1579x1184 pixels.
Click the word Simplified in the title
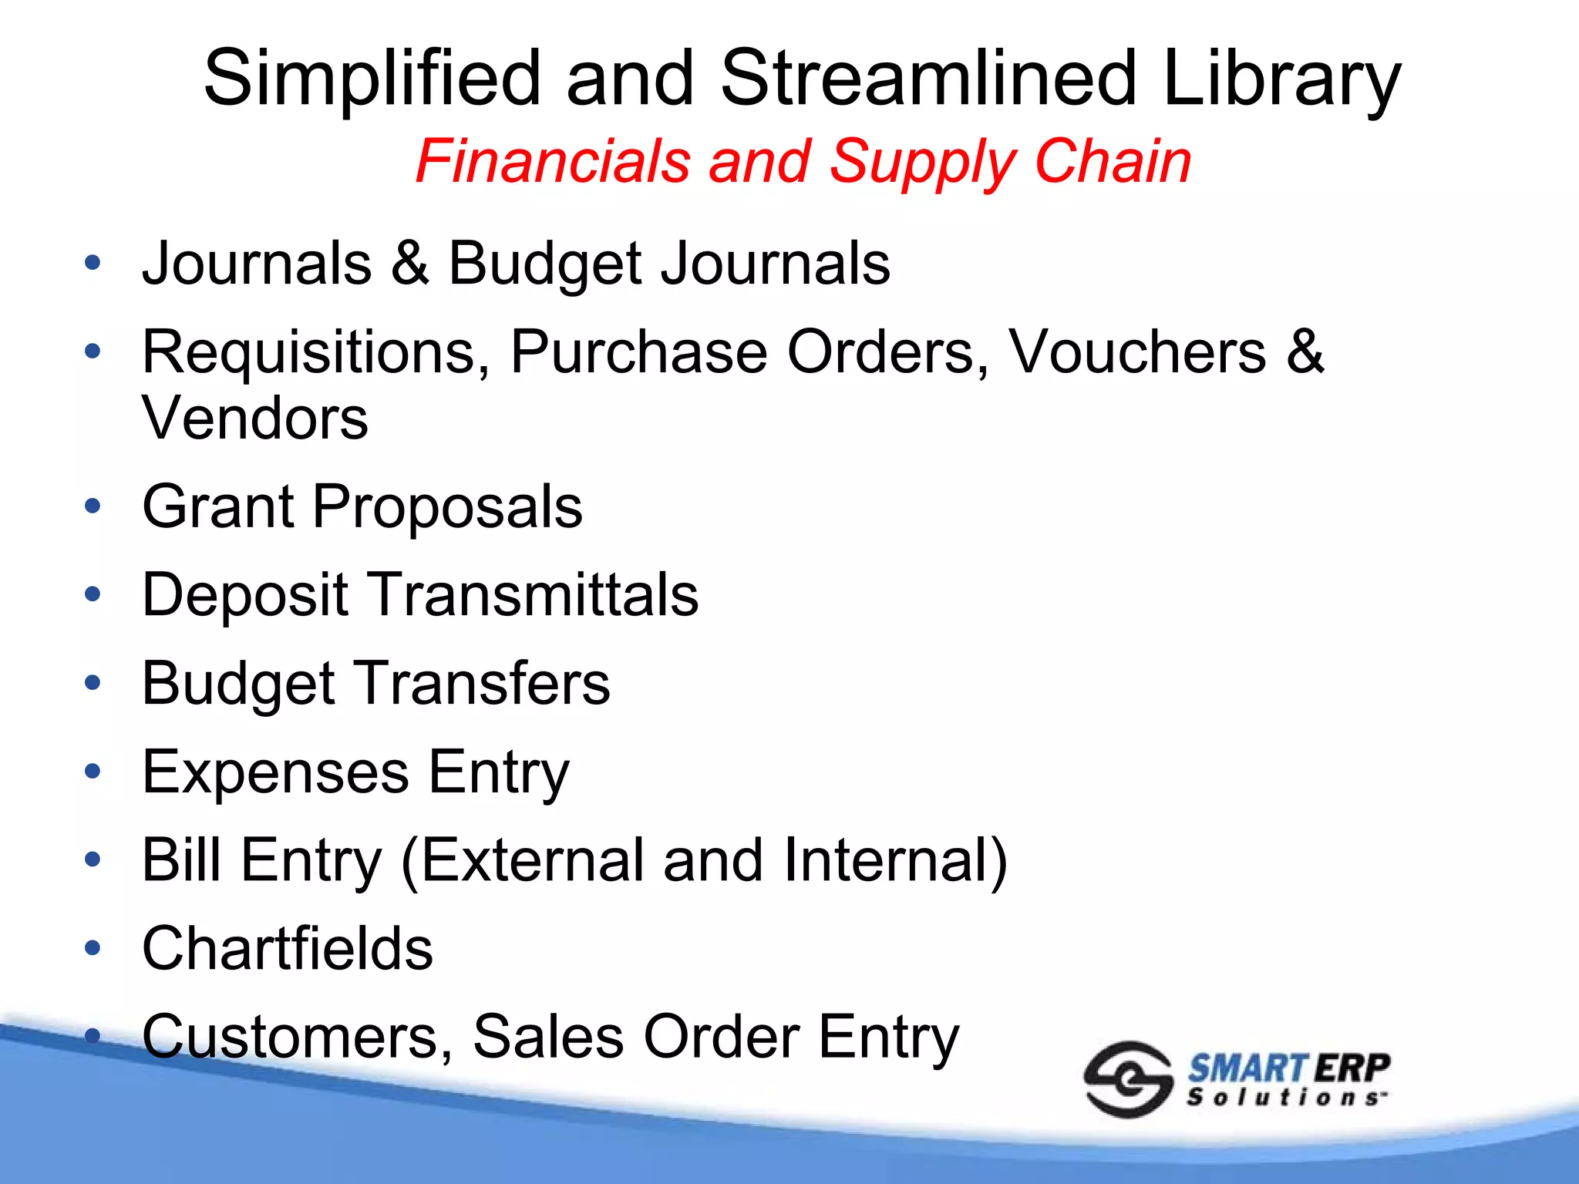(x=372, y=79)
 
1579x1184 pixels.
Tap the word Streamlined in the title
(x=928, y=79)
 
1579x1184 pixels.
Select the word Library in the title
(x=1281, y=79)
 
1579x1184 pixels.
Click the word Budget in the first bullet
(x=544, y=264)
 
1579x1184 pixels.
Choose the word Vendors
(x=255, y=418)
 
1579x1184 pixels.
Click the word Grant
(x=218, y=506)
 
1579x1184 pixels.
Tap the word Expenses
(x=276, y=772)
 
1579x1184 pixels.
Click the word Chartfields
(x=288, y=948)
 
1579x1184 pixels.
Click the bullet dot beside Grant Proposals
(x=93, y=507)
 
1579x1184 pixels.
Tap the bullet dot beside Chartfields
(x=93, y=949)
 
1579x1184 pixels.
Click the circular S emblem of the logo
(x=1127, y=1079)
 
